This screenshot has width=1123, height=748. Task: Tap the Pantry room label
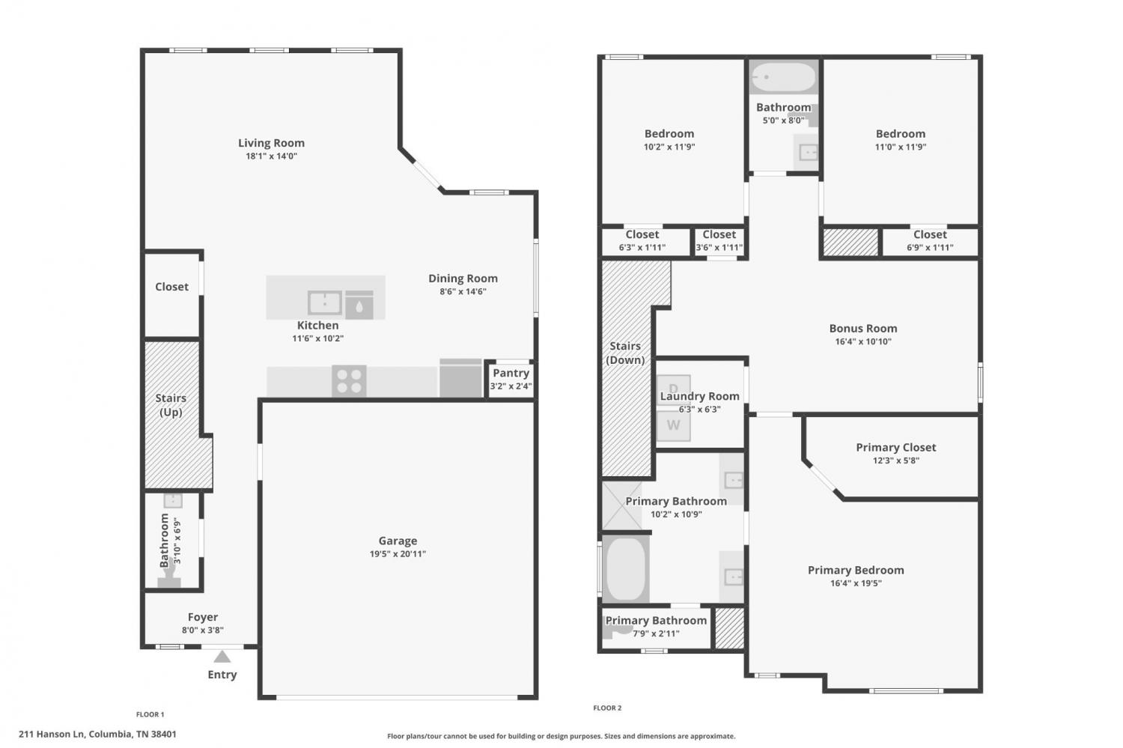click(x=511, y=373)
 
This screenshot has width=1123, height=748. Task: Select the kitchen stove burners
click(x=349, y=381)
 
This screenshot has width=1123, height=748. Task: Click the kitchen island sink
click(x=324, y=302)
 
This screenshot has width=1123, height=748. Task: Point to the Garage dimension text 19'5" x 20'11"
click(x=398, y=553)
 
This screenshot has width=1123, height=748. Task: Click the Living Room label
click(x=271, y=143)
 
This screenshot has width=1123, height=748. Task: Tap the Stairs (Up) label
click(x=171, y=405)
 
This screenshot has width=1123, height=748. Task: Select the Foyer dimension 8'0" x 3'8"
click(x=203, y=630)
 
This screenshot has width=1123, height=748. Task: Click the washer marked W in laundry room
click(x=673, y=425)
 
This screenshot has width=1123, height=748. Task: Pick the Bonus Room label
click(x=862, y=329)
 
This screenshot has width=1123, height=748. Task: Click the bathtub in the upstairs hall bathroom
click(x=784, y=76)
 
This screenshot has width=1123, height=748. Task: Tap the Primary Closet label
click(x=896, y=447)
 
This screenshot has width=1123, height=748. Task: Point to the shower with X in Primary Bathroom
click(x=621, y=506)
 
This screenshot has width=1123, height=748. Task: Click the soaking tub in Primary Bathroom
click(x=625, y=569)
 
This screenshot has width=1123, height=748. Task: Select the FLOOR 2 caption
click(x=607, y=708)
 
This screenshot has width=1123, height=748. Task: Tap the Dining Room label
click(x=463, y=279)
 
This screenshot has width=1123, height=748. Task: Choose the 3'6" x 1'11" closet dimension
click(x=719, y=247)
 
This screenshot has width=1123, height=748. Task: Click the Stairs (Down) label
click(x=625, y=353)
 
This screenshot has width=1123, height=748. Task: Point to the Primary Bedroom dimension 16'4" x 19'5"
click(x=856, y=583)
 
